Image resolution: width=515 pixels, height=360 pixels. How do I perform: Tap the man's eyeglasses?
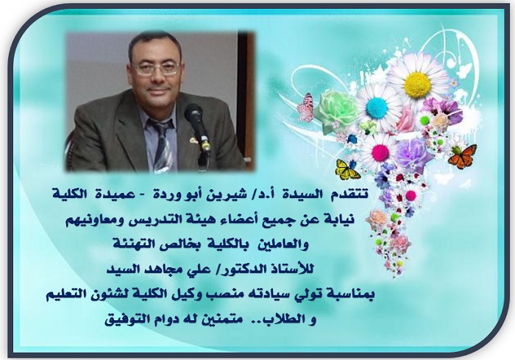pos(156,68)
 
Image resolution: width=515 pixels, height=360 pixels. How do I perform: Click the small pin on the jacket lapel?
pos(193,140)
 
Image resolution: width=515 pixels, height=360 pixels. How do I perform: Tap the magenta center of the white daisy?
pos(380,152)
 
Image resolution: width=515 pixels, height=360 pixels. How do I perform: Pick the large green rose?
pos(337,110)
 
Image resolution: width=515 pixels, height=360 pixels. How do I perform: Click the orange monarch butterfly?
pos(462,156)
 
